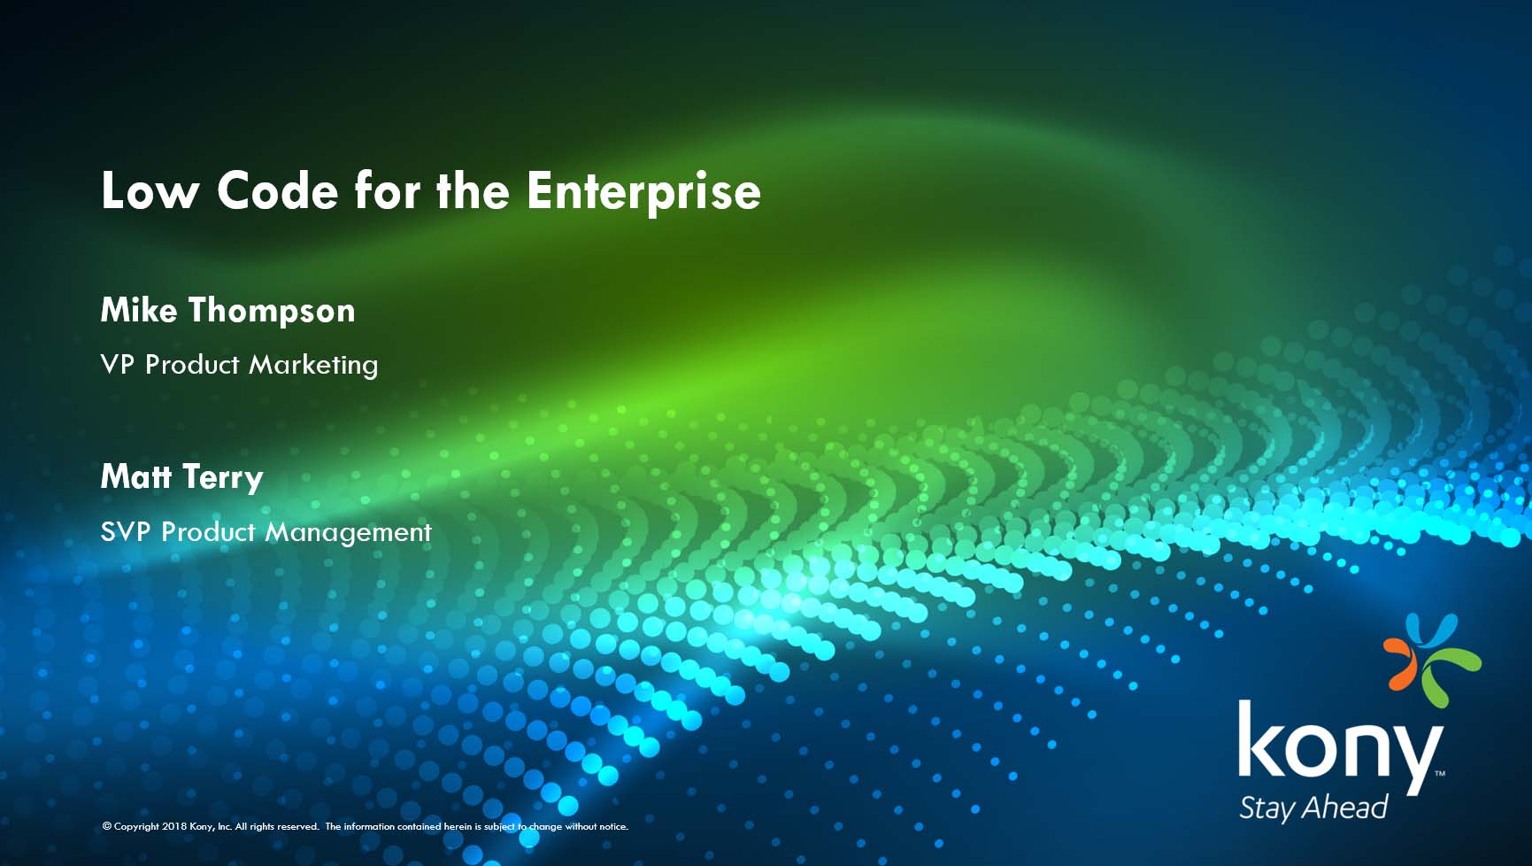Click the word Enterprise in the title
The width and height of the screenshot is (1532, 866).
click(643, 191)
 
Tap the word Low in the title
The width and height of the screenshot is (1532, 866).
click(150, 191)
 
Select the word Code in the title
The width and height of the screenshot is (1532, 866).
click(278, 191)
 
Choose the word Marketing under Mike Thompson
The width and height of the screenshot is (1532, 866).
click(313, 365)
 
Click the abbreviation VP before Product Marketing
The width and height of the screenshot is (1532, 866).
click(118, 364)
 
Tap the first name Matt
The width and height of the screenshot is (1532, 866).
click(136, 476)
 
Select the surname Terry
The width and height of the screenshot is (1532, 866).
click(223, 478)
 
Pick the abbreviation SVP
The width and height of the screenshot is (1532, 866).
click(126, 531)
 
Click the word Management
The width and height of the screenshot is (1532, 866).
click(349, 532)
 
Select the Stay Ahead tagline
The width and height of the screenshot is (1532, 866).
click(1313, 808)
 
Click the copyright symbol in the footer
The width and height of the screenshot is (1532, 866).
click(107, 826)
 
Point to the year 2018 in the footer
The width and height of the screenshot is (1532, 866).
click(175, 826)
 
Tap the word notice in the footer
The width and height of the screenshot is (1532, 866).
click(613, 826)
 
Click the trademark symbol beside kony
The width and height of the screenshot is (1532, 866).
click(1440, 773)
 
